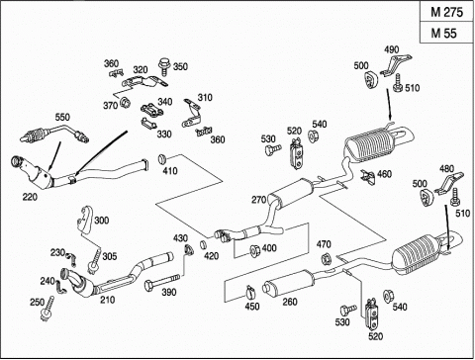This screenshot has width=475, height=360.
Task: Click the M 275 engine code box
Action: tap(447, 12)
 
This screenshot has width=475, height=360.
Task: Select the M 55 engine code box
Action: tap(447, 33)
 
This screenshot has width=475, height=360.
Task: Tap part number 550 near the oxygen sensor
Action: tap(62, 117)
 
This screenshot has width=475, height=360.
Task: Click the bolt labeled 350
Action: tap(163, 67)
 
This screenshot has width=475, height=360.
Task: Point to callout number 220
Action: tap(30, 197)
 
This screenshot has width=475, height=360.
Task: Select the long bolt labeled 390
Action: tap(161, 281)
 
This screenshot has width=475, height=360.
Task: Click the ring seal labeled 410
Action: tap(162, 159)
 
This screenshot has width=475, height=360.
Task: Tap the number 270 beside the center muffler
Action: tap(259, 200)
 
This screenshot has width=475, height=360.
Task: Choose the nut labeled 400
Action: tap(255, 250)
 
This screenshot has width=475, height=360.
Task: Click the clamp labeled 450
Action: tap(250, 291)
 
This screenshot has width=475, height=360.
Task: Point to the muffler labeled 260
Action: tap(289, 284)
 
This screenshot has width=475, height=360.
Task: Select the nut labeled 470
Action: tap(326, 258)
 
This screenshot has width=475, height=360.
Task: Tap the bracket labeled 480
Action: tap(448, 183)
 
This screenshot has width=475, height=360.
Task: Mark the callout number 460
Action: tap(384, 174)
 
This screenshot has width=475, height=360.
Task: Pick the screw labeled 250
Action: tap(47, 309)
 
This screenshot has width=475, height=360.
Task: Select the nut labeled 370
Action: tap(125, 103)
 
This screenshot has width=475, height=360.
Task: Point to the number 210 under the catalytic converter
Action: tap(108, 300)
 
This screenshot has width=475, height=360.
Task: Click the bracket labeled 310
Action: tap(193, 114)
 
